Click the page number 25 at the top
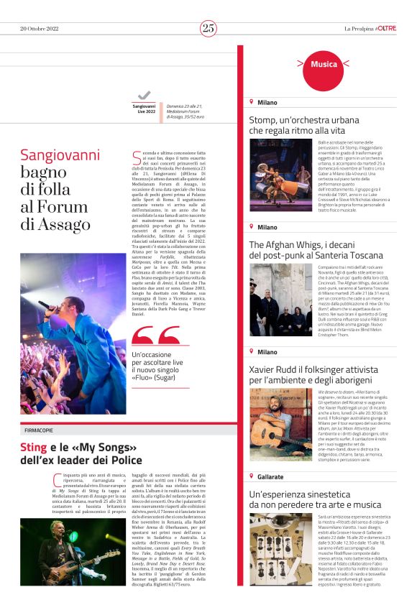click(208, 28)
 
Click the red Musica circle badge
click(324, 65)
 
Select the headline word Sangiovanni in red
click(60, 154)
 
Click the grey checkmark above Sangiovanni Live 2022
click(145, 96)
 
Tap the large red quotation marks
click(156, 336)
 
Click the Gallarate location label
click(271, 476)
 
